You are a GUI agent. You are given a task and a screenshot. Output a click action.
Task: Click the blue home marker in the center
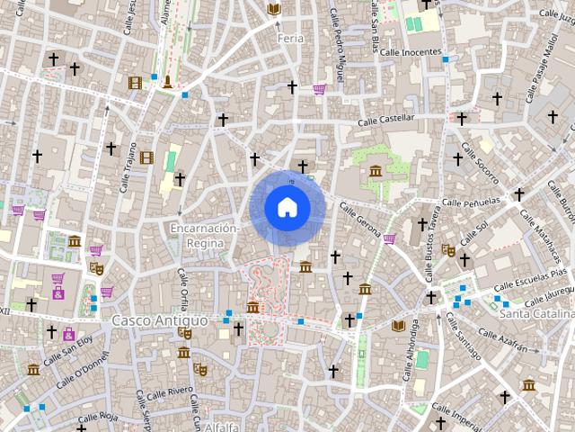click(x=287, y=208)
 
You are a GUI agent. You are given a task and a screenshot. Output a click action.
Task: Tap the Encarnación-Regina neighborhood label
click(x=205, y=236)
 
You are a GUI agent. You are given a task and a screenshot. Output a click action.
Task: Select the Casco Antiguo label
click(x=160, y=320)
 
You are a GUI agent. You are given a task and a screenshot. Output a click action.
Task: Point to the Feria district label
click(x=290, y=39)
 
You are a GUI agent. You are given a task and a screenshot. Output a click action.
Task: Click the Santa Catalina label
click(x=536, y=314)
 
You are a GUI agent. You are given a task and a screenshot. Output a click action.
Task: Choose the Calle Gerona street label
click(x=360, y=219)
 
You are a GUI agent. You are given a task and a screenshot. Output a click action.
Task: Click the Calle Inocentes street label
click(x=411, y=52)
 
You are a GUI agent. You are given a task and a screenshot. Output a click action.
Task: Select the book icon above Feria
click(x=274, y=9)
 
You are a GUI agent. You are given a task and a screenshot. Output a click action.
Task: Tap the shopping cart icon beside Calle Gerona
click(x=389, y=238)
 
